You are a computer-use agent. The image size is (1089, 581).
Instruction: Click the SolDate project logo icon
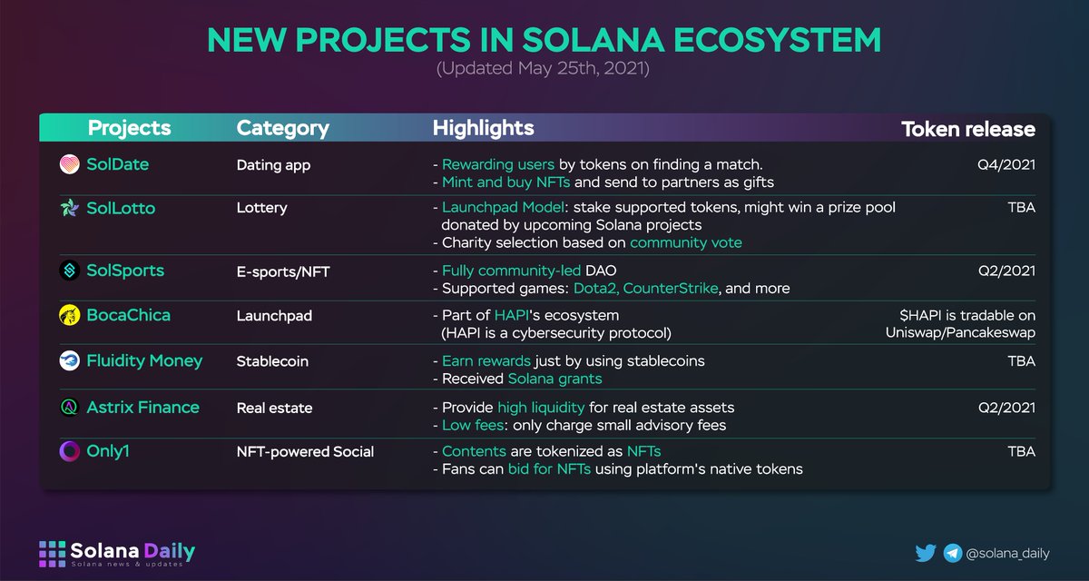pyautogui.click(x=69, y=165)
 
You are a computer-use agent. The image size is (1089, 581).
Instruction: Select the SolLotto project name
pyautogui.click(x=121, y=208)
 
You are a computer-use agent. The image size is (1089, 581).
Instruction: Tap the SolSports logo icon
pyautogui.click(x=69, y=271)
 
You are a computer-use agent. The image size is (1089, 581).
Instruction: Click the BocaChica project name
pyautogui.click(x=128, y=315)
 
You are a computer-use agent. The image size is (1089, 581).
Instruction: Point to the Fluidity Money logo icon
pyautogui.click(x=69, y=361)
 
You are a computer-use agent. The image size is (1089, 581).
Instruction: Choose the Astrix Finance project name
pyautogui.click(x=142, y=408)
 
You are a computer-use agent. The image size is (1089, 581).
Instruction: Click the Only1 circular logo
pyautogui.click(x=69, y=451)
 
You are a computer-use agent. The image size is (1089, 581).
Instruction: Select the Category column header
pyautogui.click(x=282, y=129)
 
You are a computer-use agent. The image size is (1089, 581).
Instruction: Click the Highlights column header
pyautogui.click(x=483, y=129)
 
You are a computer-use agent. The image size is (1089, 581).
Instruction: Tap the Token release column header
pyautogui.click(x=967, y=129)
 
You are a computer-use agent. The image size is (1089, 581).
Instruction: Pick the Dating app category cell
pyautogui.click(x=273, y=165)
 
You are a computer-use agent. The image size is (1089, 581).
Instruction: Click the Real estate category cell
pyautogui.click(x=274, y=408)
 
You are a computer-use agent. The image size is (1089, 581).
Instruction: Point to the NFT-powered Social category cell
pyautogui.click(x=305, y=451)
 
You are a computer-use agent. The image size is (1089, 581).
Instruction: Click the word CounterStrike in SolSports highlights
pyautogui.click(x=672, y=289)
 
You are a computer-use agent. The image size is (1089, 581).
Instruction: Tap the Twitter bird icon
pyautogui.click(x=926, y=552)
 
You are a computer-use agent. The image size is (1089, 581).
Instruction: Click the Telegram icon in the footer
pyautogui.click(x=953, y=552)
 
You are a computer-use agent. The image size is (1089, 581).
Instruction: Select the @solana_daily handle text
pyautogui.click(x=1007, y=552)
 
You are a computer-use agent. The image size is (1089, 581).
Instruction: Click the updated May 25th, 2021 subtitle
pyautogui.click(x=544, y=69)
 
